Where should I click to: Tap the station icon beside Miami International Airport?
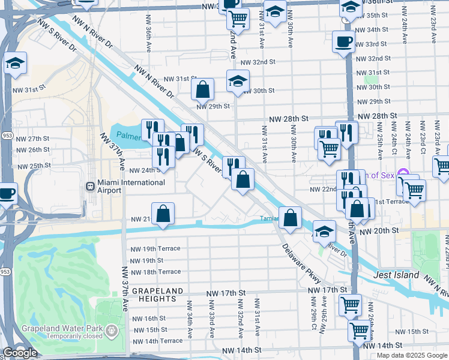(x=91, y=186)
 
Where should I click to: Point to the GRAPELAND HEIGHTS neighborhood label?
(x=154, y=294)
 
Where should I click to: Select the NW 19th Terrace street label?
(x=156, y=249)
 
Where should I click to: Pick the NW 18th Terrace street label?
(x=156, y=272)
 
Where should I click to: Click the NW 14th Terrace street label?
(x=156, y=341)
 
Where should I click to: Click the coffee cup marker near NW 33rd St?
(x=343, y=42)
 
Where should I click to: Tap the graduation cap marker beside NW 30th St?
(x=238, y=80)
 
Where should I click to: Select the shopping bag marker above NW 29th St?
(x=203, y=89)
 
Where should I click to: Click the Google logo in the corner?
(x=19, y=353)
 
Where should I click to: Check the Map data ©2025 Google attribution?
(x=412, y=355)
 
